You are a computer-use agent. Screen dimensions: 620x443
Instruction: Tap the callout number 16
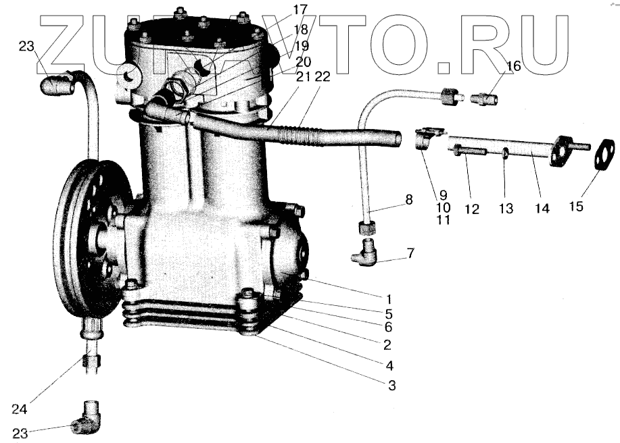(513, 67)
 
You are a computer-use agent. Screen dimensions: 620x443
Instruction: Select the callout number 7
(411, 253)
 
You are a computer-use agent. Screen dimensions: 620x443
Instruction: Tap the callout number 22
(322, 77)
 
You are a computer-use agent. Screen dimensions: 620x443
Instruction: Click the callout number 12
(471, 209)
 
